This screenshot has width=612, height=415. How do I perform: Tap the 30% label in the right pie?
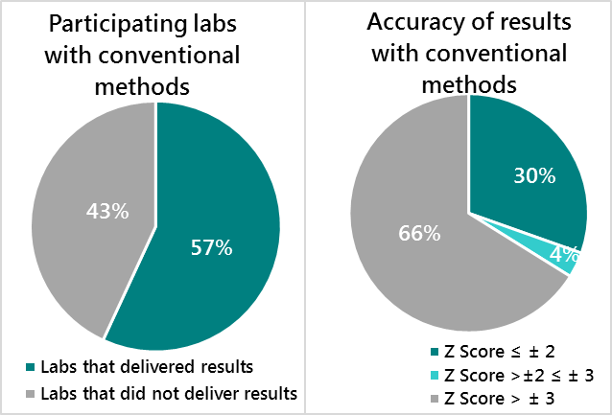533,175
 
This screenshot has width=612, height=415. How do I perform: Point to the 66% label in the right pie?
418,232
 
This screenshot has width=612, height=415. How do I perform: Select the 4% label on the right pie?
564,254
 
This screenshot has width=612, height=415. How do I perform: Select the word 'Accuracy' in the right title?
410,22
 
